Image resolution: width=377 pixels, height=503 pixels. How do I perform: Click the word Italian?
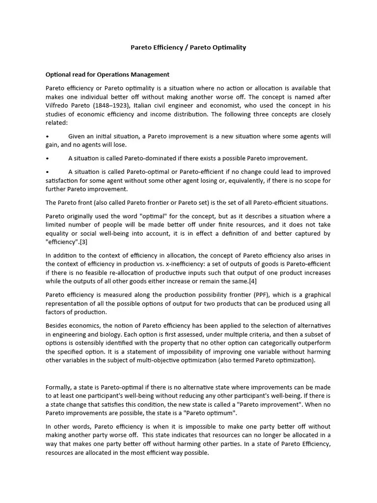click(147, 106)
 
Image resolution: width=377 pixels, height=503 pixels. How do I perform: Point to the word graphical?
click(315, 295)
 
